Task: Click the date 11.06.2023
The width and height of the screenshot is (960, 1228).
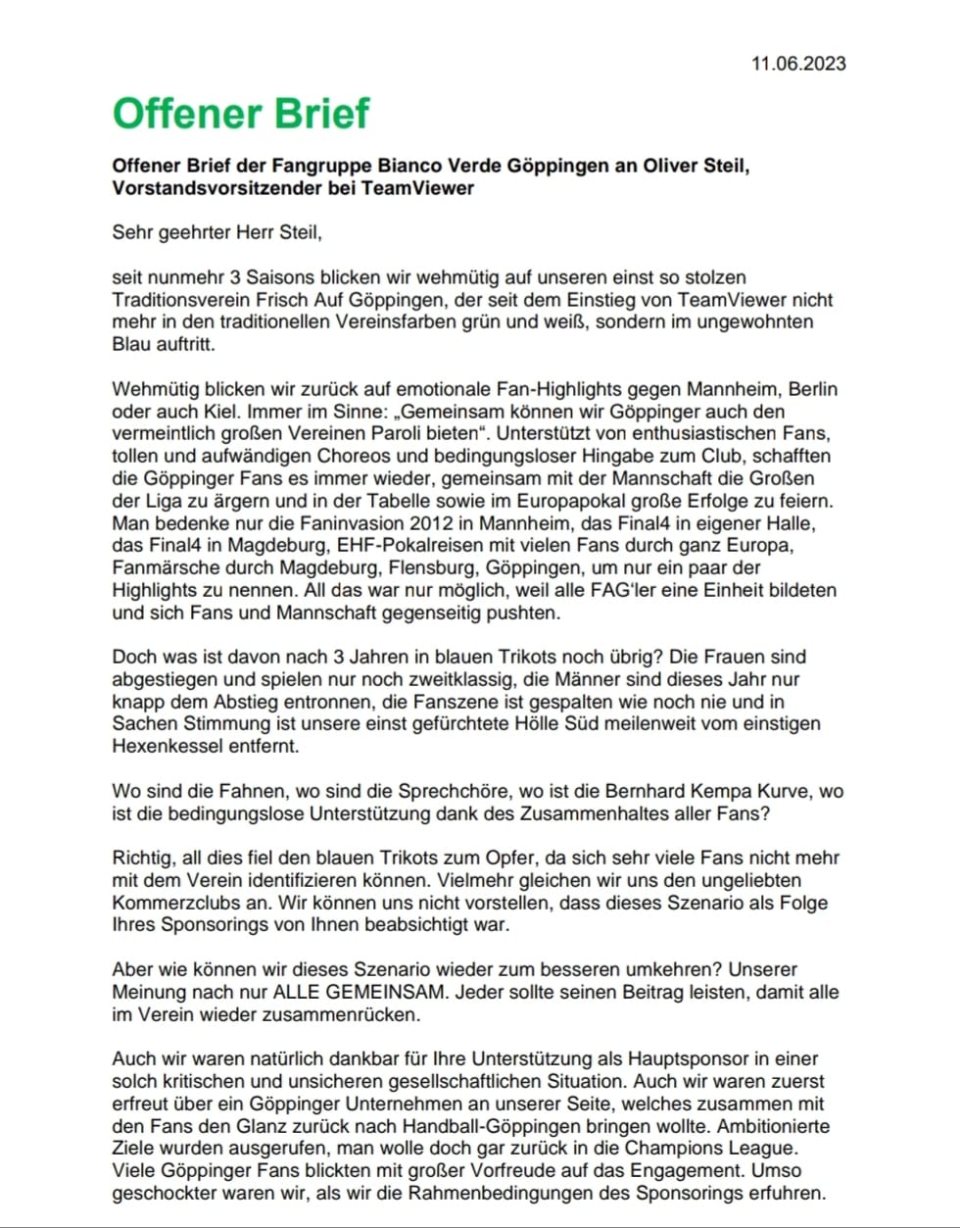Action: click(798, 64)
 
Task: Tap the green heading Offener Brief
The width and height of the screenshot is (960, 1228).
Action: click(241, 113)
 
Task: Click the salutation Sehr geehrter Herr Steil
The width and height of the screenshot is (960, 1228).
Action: click(216, 233)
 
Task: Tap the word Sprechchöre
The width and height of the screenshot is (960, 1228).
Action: click(415, 790)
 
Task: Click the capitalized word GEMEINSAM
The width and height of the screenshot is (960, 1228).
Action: click(384, 992)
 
